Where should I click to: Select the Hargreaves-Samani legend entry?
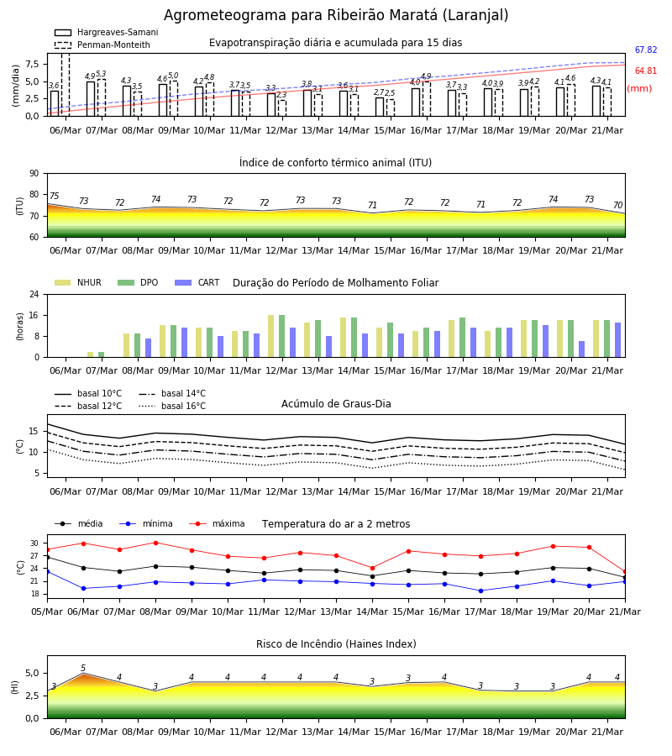pyautogui.click(x=107, y=32)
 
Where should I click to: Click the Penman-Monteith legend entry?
pyautogui.click(x=102, y=45)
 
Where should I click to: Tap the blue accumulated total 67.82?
pyautogui.click(x=646, y=50)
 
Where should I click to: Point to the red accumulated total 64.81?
pyautogui.click(x=646, y=71)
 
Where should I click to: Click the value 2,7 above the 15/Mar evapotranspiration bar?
pyautogui.click(x=379, y=92)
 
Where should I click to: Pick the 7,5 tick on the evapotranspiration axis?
pyautogui.click(x=32, y=64)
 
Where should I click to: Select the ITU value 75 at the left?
pyautogui.click(x=54, y=196)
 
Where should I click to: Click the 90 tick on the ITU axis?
pyautogui.click(x=34, y=174)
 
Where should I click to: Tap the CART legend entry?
pyautogui.click(x=197, y=282)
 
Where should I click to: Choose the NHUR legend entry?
pyautogui.click(x=78, y=282)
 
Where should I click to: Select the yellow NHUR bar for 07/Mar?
pyautogui.click(x=90, y=354)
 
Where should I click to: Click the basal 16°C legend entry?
pyautogui.click(x=172, y=406)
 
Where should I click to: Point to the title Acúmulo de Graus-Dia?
pyautogui.click(x=336, y=404)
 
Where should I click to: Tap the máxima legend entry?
pyautogui.click(x=217, y=523)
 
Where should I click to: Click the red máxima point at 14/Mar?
pyautogui.click(x=372, y=568)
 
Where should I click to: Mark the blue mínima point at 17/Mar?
pyautogui.click(x=480, y=591)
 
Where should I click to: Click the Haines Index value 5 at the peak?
pyautogui.click(x=83, y=669)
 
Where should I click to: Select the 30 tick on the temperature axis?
pyautogui.click(x=34, y=543)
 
